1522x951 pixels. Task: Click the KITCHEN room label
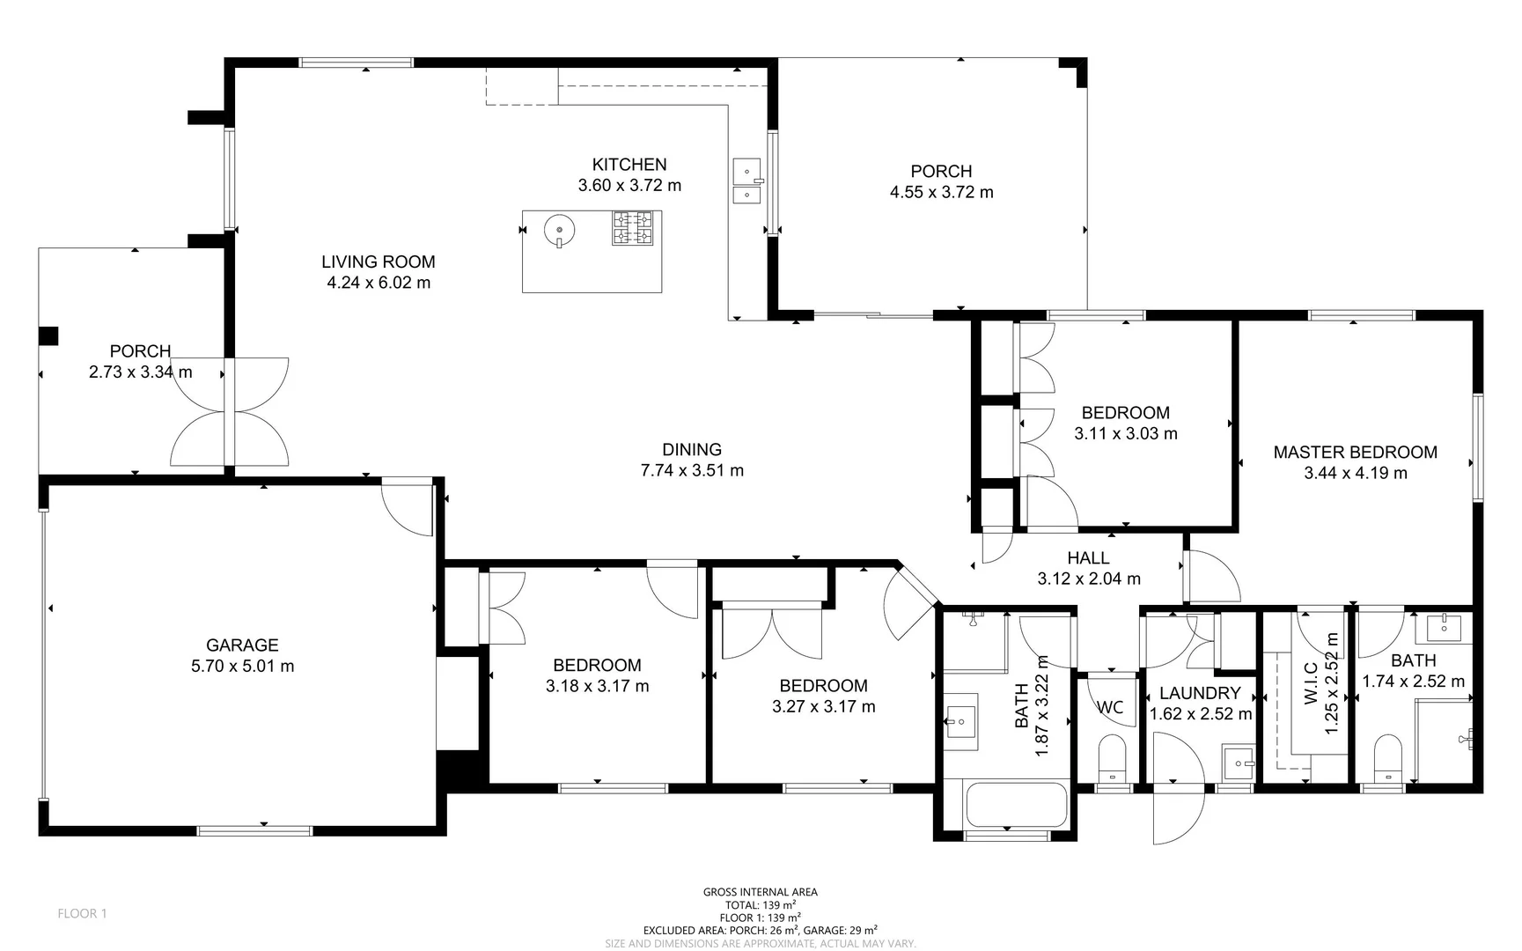[629, 165]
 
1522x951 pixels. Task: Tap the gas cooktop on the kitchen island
[632, 228]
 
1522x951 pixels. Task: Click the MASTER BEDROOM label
[1355, 453]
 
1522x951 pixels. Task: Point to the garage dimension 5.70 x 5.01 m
[242, 667]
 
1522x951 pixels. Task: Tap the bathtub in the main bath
[1015, 805]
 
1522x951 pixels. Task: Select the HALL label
[1088, 558]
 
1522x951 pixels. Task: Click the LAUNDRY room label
[1199, 694]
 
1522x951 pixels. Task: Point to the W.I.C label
[1310, 683]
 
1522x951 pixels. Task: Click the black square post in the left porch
[48, 335]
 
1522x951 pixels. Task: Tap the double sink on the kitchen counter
[746, 181]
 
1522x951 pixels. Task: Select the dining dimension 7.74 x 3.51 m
[692, 471]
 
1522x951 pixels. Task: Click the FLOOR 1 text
[82, 913]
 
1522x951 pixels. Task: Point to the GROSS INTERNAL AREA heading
[760, 892]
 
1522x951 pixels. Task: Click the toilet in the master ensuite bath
[1387, 757]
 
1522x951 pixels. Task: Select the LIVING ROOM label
[378, 262]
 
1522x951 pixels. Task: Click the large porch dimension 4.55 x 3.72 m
[941, 193]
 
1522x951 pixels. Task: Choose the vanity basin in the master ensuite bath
[1442, 628]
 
